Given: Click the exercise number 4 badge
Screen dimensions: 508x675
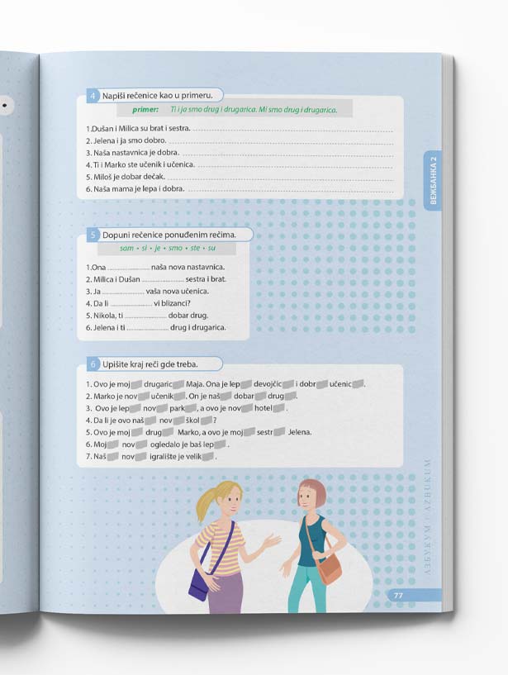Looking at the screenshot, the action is tap(93, 96).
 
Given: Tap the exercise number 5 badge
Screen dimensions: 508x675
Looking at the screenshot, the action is tap(93, 235).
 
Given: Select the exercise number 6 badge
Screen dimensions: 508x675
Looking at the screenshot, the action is tap(93, 364).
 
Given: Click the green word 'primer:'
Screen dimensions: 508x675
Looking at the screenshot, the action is tap(145, 110).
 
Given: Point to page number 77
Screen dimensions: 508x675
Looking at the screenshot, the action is tap(398, 596).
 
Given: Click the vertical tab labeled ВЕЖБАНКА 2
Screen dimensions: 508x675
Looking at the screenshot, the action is tap(433, 180).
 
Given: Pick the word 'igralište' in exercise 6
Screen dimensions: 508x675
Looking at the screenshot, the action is tap(164, 457).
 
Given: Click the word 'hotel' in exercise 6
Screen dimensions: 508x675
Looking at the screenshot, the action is tap(263, 408).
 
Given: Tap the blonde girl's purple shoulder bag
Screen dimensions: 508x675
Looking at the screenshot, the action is tap(199, 585).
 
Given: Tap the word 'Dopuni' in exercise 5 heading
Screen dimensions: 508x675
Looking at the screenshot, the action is tap(114, 235).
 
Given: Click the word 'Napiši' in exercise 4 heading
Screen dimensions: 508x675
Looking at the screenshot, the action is tap(113, 96).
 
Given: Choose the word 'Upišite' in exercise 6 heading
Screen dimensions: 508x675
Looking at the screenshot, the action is tap(115, 364).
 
